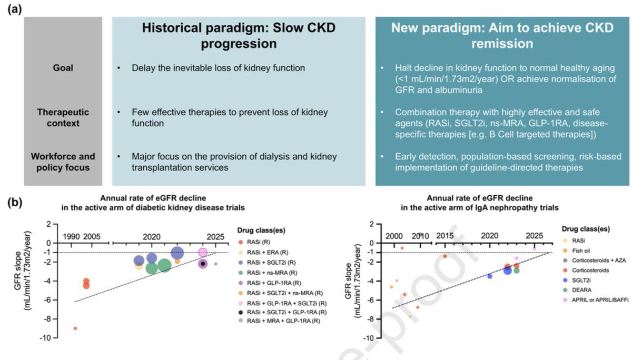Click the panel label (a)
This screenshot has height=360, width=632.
14,10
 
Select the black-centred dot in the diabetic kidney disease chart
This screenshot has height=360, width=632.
203,263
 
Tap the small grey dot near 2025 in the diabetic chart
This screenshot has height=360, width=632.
215,264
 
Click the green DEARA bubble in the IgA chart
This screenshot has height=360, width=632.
516,271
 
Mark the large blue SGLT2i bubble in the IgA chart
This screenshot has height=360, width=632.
508,270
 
